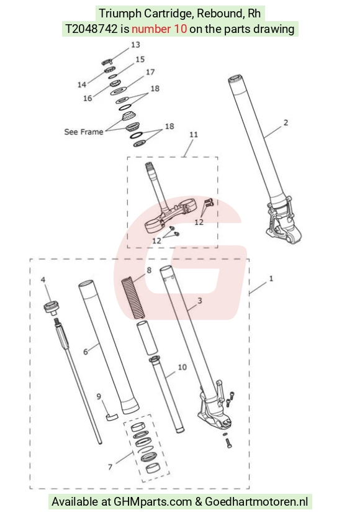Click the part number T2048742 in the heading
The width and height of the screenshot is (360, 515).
[91, 29]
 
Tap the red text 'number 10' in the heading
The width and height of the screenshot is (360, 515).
[159, 29]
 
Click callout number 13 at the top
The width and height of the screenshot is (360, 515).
[135, 45]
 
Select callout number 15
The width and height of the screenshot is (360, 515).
[140, 60]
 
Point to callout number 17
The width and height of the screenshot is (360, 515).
[150, 72]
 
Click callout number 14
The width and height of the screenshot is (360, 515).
[82, 84]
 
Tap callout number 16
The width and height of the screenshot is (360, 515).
[88, 98]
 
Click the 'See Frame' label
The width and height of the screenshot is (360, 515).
[84, 132]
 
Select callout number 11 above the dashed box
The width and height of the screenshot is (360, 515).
[194, 135]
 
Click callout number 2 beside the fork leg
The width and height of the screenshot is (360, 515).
[286, 122]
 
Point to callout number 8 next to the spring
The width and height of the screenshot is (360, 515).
[149, 270]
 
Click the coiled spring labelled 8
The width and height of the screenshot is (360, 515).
[133, 298]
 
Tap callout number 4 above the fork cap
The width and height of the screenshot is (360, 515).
[43, 280]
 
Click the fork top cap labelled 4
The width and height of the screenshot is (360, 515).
[51, 308]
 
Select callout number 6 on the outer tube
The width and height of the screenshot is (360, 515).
[85, 352]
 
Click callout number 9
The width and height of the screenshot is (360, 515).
[99, 396]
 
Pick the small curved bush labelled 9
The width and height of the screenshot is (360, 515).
[112, 417]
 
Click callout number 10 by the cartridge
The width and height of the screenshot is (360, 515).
[182, 367]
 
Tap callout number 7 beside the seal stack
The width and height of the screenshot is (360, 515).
[110, 467]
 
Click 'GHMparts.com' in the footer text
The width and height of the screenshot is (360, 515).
[153, 502]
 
